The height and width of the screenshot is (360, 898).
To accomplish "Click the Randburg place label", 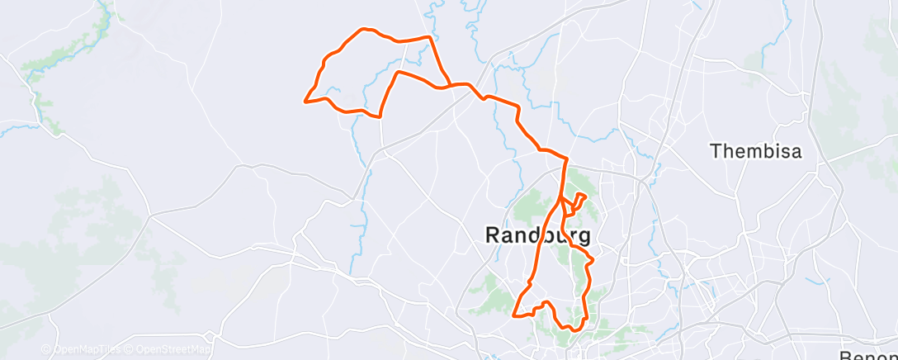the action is (537, 235).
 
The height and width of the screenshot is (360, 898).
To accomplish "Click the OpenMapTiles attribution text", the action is (83, 350).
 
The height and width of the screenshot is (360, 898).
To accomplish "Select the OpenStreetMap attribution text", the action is (166, 350).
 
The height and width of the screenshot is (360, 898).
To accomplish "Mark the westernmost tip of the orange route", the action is (305, 102).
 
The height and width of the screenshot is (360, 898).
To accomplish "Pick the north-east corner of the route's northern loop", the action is (429, 37).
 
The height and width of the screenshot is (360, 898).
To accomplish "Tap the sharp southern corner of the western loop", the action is (380, 116).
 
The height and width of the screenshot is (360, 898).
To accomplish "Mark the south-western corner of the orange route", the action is (514, 315).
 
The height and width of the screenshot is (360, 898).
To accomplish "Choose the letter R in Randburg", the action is (493, 235).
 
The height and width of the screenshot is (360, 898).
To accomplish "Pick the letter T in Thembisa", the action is (716, 151).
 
